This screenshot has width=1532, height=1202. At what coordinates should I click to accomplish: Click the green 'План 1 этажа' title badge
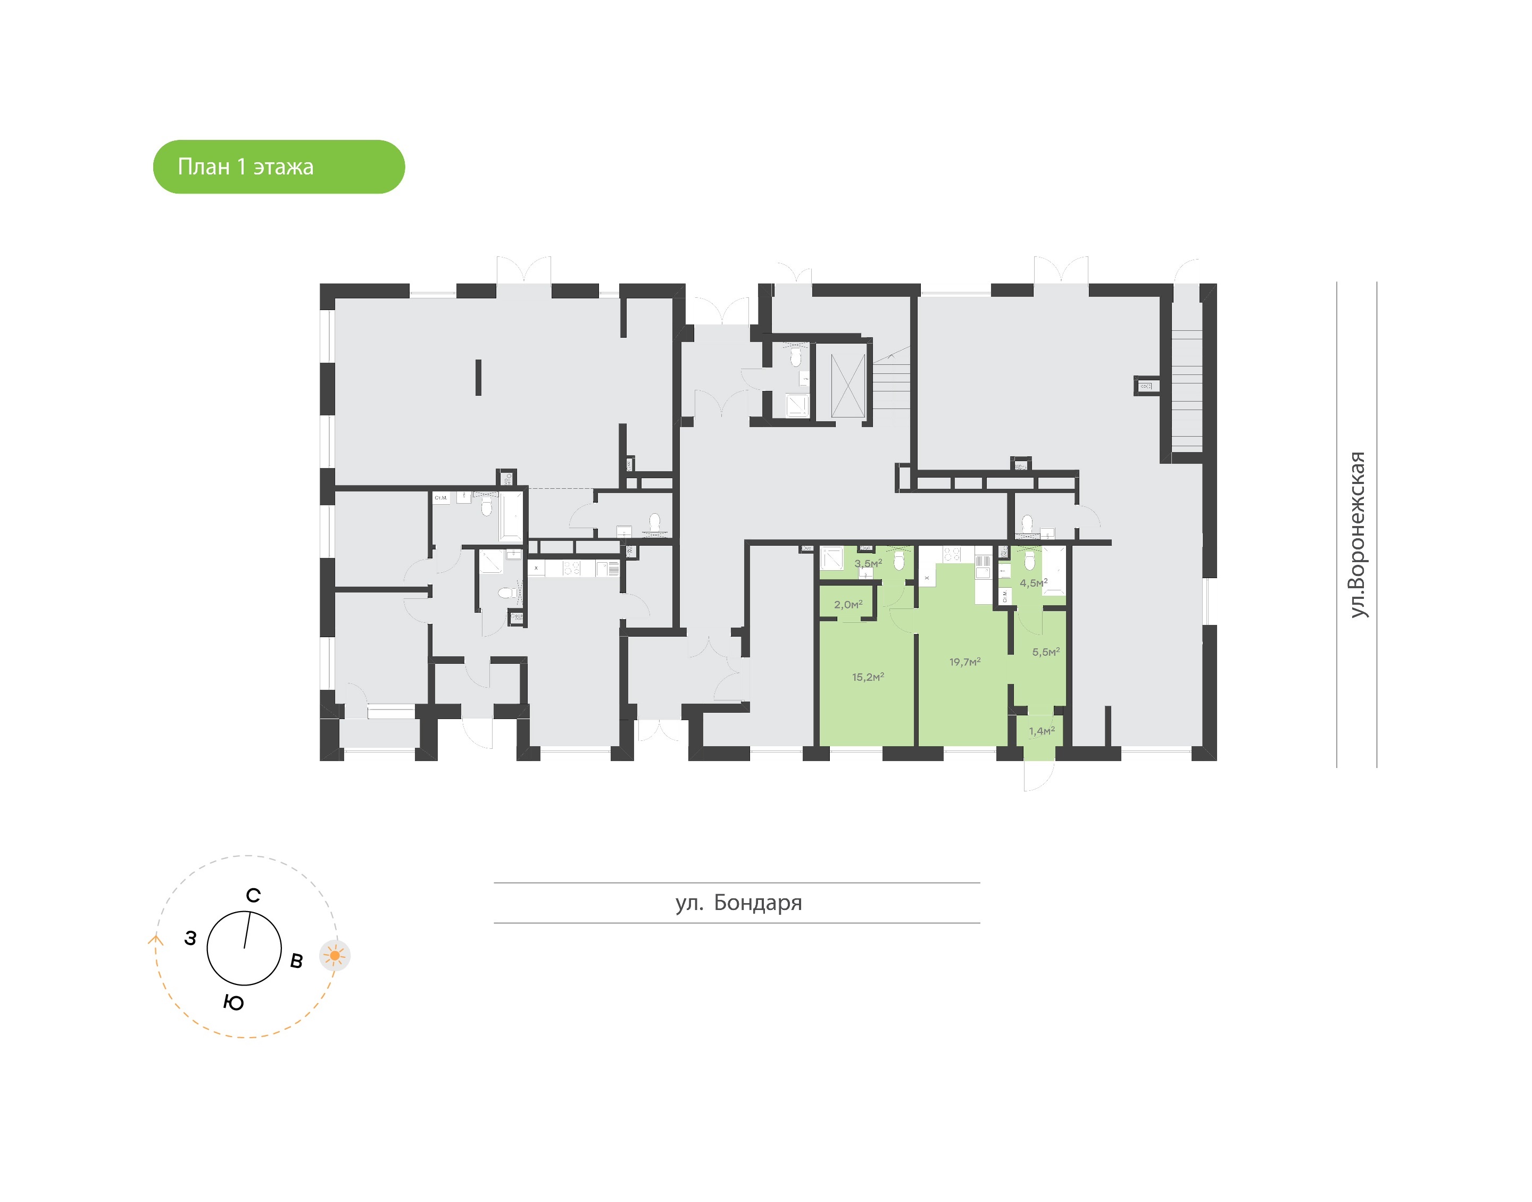click(279, 167)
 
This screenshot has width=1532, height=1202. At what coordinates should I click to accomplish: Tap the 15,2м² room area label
click(868, 677)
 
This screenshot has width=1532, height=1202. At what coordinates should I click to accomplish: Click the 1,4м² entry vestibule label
click(1042, 731)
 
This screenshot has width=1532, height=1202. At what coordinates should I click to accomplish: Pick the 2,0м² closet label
click(848, 605)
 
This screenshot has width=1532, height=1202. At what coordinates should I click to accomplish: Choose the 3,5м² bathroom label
click(868, 564)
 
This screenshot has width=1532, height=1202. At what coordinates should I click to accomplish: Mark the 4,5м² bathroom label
click(1033, 583)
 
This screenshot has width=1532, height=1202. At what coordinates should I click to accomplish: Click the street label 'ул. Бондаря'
click(738, 903)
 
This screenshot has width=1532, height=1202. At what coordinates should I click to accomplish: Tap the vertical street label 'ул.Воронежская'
click(1358, 535)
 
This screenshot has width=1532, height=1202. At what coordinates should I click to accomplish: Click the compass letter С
click(253, 895)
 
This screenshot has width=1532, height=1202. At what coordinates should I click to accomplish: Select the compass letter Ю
click(234, 1002)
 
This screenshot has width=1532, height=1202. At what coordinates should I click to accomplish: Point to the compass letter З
click(190, 938)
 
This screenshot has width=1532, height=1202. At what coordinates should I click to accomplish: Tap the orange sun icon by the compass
click(335, 956)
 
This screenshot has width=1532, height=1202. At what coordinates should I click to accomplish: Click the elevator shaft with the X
click(847, 386)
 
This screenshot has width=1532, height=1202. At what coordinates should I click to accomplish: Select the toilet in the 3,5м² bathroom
click(898, 561)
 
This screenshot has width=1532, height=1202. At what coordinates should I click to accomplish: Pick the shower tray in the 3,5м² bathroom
click(832, 559)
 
